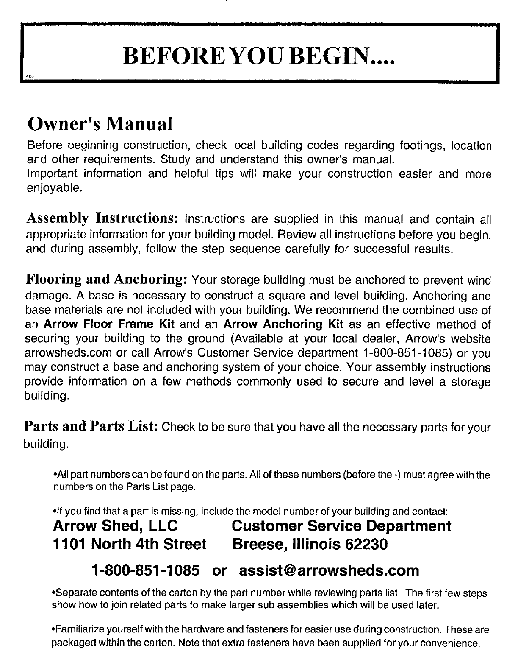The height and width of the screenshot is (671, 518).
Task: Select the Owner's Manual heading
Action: [100, 124]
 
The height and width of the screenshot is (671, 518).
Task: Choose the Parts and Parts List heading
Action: [91, 426]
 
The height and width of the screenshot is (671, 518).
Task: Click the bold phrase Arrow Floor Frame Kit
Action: [110, 324]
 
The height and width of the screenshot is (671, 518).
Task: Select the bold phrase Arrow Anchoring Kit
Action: [283, 324]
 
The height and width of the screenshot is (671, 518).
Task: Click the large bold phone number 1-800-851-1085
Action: [146, 570]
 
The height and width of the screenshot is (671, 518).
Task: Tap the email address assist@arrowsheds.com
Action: [329, 570]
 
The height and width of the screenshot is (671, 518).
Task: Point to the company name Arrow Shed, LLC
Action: [115, 526]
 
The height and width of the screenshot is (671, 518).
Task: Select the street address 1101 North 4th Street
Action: [130, 544]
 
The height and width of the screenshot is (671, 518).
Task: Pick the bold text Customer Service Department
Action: [341, 526]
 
